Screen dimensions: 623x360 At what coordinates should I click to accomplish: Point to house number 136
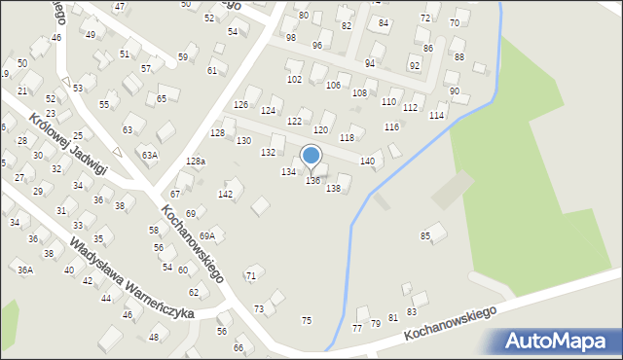[x=312, y=181]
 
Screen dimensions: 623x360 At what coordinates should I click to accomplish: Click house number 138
[x=333, y=188]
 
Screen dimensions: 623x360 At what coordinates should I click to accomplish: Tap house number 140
[x=367, y=161]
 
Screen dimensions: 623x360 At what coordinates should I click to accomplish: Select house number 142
[x=225, y=195]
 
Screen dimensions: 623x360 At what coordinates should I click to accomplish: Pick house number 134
[x=288, y=171]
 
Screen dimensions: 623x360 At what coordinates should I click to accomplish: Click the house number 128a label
[x=196, y=161]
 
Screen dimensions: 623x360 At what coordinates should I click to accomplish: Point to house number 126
[x=241, y=104]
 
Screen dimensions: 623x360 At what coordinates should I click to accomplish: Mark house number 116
[x=391, y=127]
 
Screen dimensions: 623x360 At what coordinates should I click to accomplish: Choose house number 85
[x=425, y=235]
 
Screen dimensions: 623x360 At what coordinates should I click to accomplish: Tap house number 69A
[x=207, y=235]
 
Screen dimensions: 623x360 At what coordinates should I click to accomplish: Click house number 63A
[x=149, y=154]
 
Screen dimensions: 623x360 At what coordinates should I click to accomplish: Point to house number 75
[x=307, y=320]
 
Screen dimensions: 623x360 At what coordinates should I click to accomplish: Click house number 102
[x=294, y=79]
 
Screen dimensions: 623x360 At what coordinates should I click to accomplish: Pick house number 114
[x=437, y=116]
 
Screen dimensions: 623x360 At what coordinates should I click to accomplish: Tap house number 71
[x=250, y=277]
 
